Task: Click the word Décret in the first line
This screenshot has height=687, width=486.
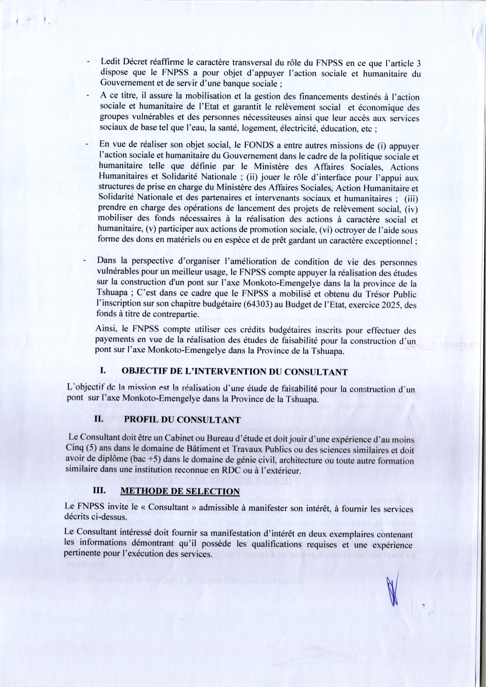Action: coord(136,62)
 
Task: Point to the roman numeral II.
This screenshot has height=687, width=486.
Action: coord(99,419)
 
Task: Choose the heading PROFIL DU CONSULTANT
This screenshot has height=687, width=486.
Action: coord(182,419)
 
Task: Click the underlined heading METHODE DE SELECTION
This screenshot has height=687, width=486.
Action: coord(180,491)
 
